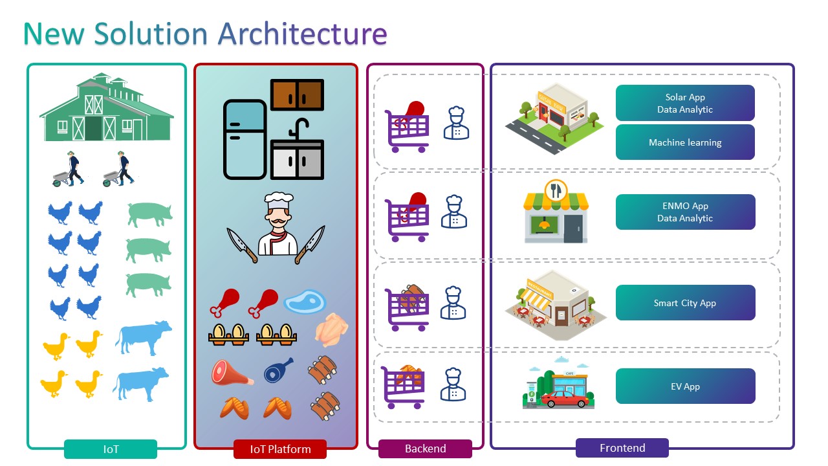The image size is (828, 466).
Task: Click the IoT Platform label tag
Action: pyautogui.click(x=280, y=449)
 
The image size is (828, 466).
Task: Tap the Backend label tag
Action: pyautogui.click(x=425, y=449)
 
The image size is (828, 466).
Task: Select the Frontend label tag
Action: pyautogui.click(x=622, y=447)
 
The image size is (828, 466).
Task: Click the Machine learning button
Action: pyautogui.click(x=685, y=142)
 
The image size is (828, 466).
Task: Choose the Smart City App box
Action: pyautogui.click(x=685, y=303)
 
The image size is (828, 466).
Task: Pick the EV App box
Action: pyautogui.click(x=685, y=386)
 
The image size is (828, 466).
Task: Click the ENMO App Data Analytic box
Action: pyautogui.click(x=685, y=212)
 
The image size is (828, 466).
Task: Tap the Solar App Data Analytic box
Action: pyautogui.click(x=685, y=103)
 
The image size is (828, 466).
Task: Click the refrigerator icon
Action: pyautogui.click(x=245, y=139)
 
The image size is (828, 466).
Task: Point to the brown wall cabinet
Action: pyautogui.click(x=297, y=95)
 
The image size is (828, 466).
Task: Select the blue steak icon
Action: pyautogui.click(x=305, y=302)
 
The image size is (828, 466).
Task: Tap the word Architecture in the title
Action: pyautogui.click(x=302, y=34)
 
